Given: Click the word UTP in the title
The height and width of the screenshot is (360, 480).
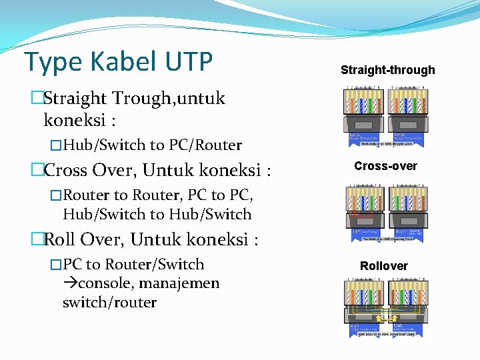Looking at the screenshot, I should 185,61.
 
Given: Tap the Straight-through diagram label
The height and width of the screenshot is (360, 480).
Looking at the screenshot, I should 387,70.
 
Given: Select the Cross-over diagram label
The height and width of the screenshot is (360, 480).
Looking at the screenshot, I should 385,166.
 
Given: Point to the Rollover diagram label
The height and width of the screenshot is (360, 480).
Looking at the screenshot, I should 383,266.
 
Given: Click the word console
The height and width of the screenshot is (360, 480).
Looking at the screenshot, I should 107,283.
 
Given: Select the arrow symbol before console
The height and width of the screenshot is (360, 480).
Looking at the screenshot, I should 70,283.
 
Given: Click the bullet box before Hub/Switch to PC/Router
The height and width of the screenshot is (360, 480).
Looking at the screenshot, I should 57,145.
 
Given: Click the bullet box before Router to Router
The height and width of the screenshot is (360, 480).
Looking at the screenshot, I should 56,195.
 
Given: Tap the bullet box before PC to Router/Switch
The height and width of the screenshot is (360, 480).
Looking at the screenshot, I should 56,265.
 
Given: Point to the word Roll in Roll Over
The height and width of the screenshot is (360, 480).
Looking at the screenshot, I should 59,239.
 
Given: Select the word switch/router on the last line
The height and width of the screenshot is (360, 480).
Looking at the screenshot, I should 109,302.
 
